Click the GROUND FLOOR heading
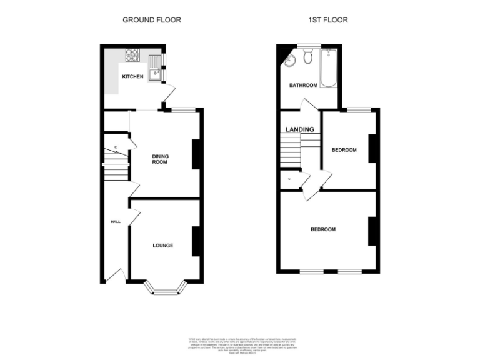point(151,20)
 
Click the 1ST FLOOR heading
point(328,20)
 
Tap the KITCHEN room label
point(132,77)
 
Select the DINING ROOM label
point(161,159)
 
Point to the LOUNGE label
point(163,246)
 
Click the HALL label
point(116,222)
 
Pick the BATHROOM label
point(302,85)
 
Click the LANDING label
point(299,129)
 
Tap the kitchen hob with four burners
point(133,55)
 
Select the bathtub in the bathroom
point(328,69)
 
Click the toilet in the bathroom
point(307,57)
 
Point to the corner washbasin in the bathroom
point(289,60)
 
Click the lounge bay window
point(166,288)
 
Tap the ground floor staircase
point(116,169)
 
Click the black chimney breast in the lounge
point(196,241)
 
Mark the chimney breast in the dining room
point(196,154)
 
